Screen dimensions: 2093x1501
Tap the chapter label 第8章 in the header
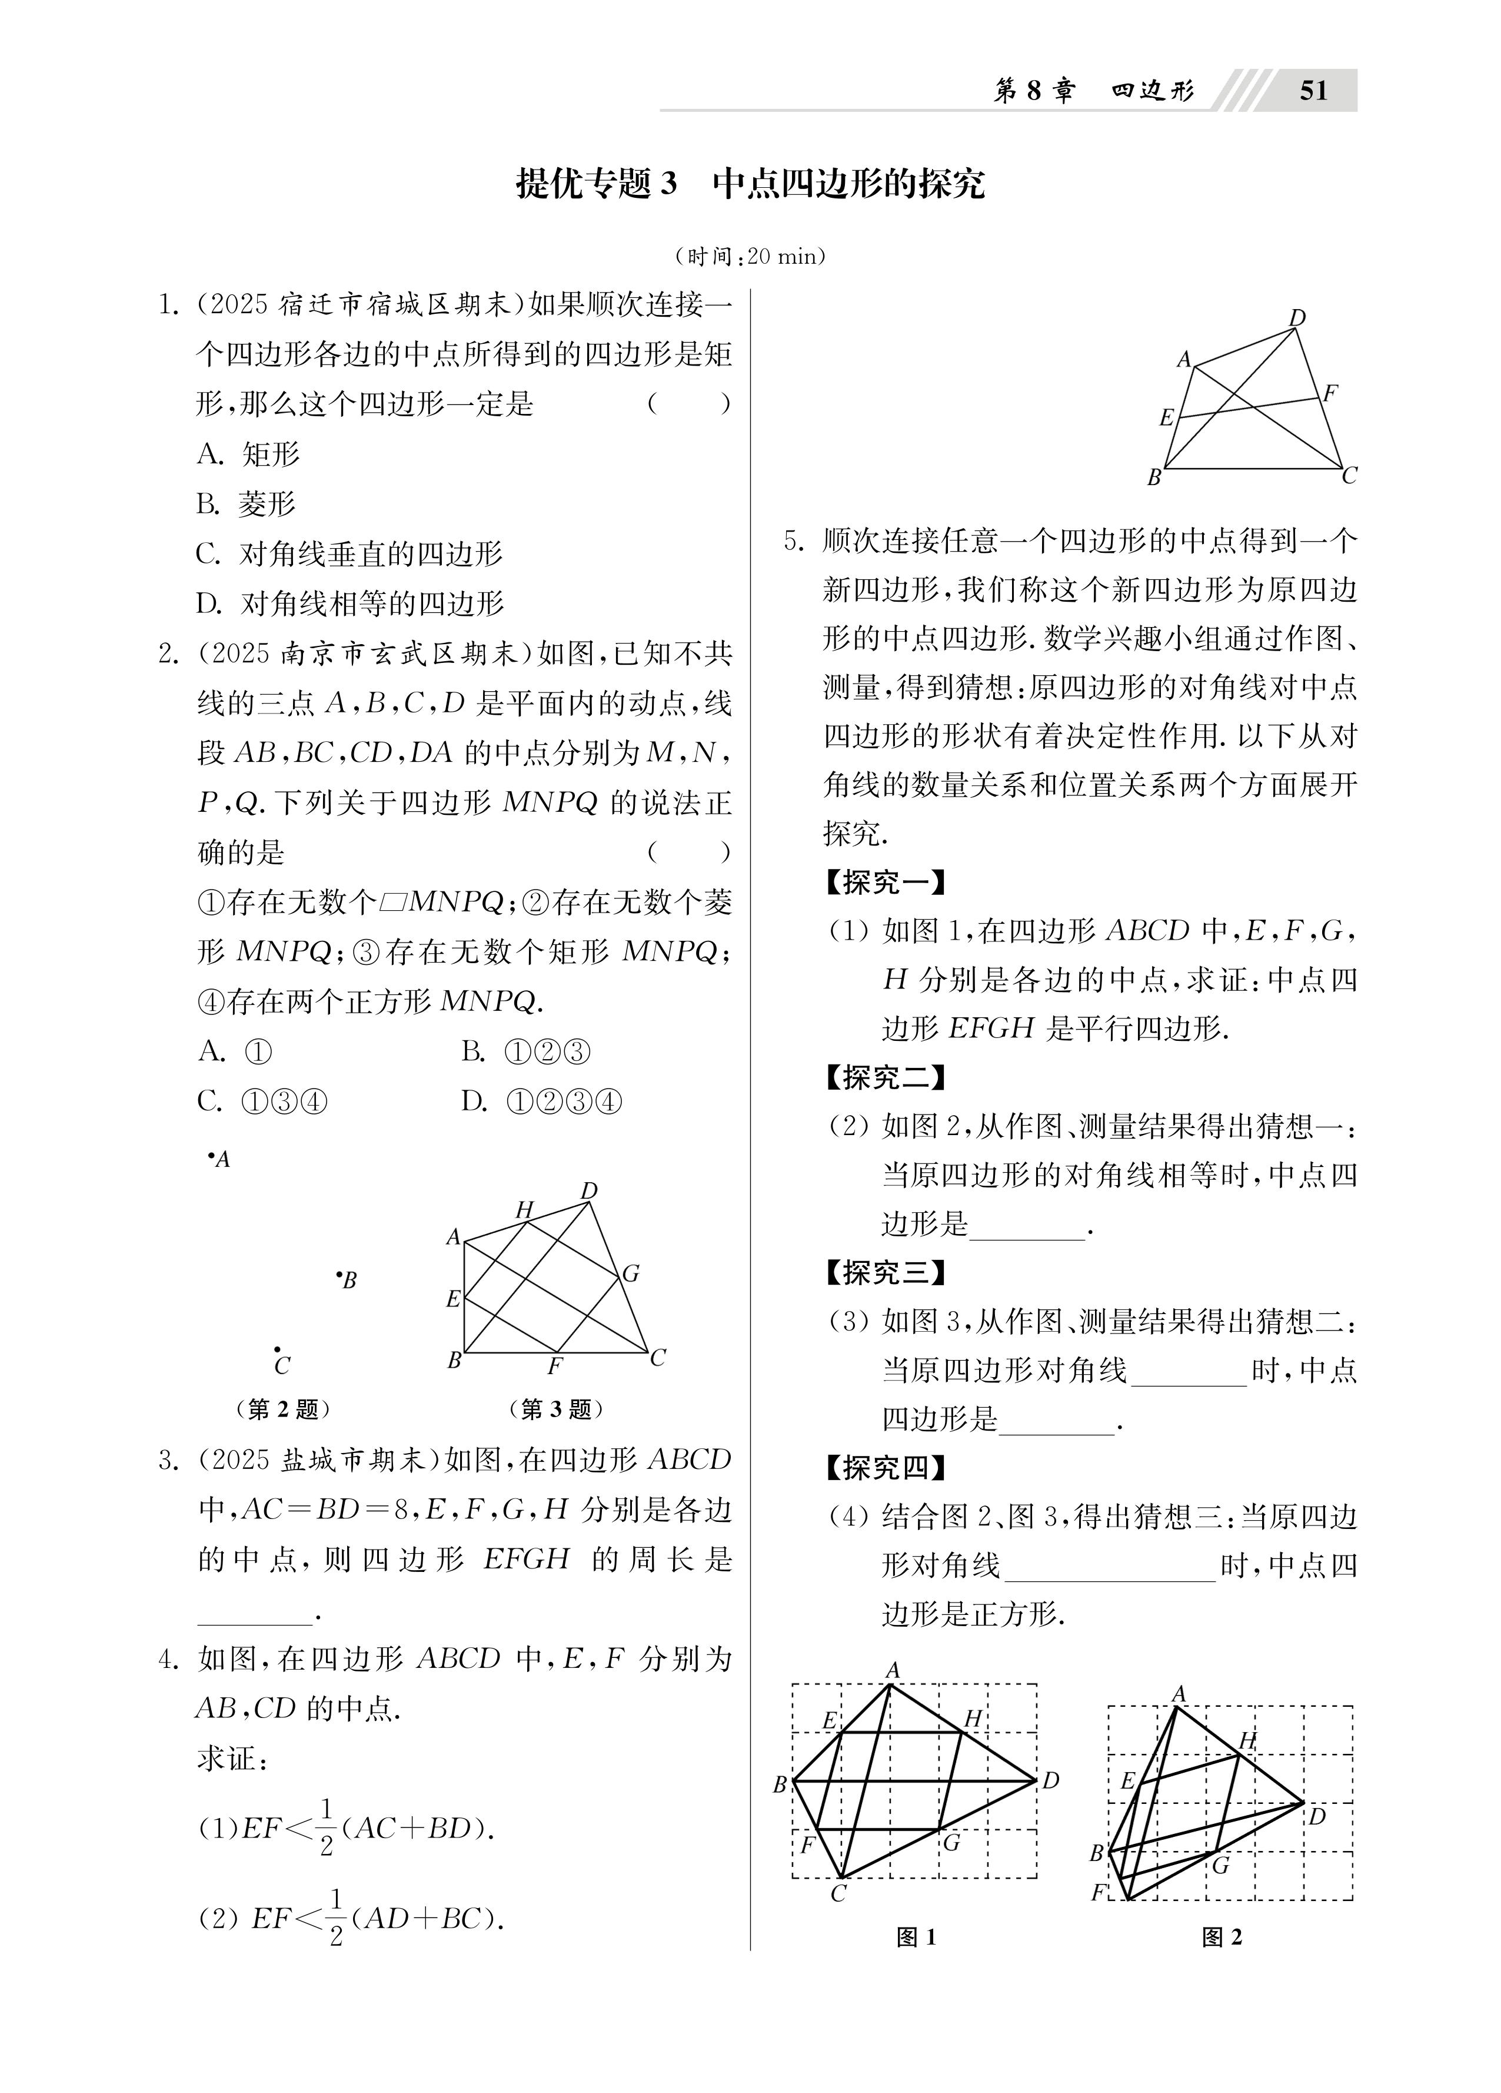coord(1033,91)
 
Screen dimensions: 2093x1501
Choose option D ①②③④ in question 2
coord(541,1101)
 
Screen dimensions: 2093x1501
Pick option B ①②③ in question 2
coord(526,1051)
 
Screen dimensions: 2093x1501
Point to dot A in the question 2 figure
coord(211,1155)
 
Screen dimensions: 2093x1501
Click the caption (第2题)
coord(283,1409)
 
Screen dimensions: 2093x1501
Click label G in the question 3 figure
coord(631,1273)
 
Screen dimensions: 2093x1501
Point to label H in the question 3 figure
coord(524,1209)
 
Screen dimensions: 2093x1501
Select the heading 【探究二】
coord(884,1077)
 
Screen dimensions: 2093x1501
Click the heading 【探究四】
coord(884,1467)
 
